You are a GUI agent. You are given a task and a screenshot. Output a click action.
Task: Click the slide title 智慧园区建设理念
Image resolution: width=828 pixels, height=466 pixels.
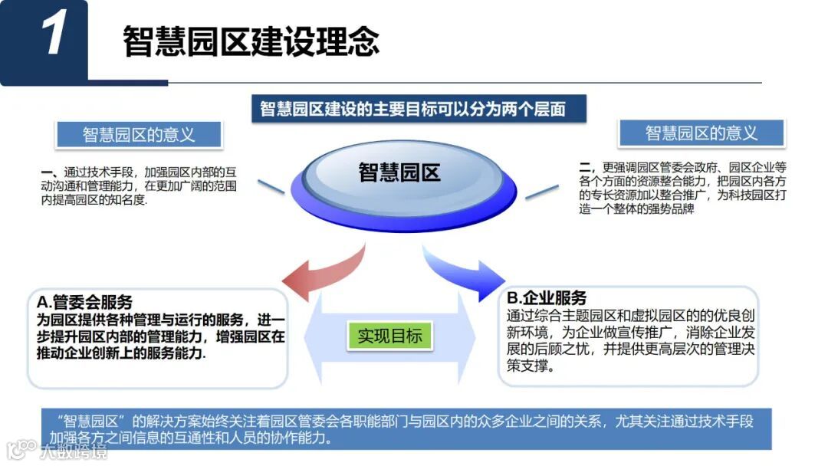click(251, 41)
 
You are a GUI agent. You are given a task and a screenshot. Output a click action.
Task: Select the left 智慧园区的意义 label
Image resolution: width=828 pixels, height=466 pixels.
click(139, 135)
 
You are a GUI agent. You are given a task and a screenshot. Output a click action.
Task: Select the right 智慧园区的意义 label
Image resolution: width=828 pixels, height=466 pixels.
click(701, 133)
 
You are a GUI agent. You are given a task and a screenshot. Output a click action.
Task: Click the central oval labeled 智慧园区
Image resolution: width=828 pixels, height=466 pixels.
click(399, 172)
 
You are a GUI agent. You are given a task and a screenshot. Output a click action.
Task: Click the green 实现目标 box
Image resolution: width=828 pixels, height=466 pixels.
click(389, 336)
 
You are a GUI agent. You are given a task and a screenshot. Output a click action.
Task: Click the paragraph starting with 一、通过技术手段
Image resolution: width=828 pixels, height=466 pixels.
click(139, 185)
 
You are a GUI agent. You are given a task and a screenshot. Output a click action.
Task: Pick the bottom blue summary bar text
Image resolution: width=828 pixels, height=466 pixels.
click(406, 429)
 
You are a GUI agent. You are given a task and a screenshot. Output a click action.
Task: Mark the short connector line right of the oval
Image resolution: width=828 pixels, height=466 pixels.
click(541, 191)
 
